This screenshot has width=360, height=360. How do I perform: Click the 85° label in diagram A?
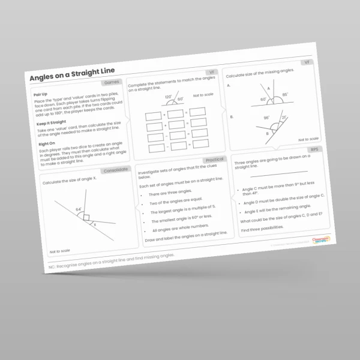coord(284,95)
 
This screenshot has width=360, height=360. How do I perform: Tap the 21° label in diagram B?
coord(284,118)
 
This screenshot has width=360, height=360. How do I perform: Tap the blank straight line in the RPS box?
coord(278,172)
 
